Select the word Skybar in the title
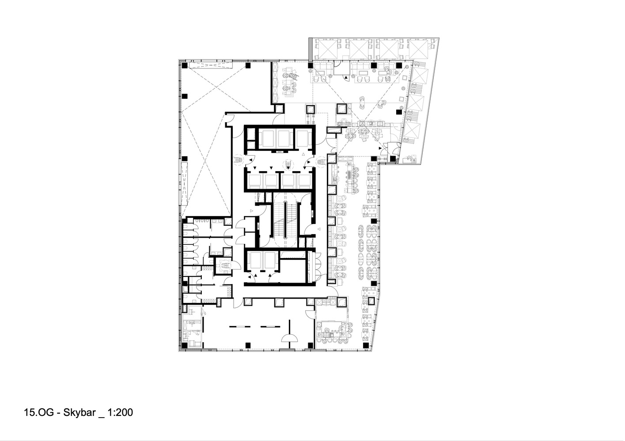pyautogui.click(x=79, y=413)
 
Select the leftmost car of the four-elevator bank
pyautogui.click(x=255, y=180)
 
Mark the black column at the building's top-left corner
pyautogui.click(x=184, y=66)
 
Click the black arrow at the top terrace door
pyautogui.click(x=346, y=78)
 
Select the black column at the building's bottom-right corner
pyautogui.click(x=366, y=344)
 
